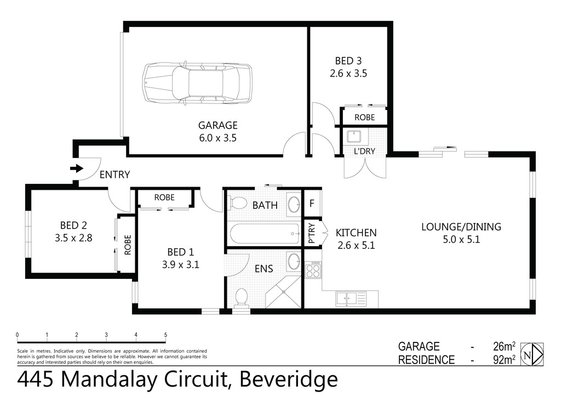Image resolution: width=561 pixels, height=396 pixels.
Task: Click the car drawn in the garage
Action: pos(197,83)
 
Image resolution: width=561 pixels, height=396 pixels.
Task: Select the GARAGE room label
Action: pos(217,125)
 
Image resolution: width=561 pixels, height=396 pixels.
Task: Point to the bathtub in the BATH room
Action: pos(265,234)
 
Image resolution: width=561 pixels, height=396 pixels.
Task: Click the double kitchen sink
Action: pos(347,299)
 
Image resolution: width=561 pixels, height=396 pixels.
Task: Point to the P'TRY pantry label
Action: pos(311,234)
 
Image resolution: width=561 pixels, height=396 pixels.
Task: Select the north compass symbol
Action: pos(531,354)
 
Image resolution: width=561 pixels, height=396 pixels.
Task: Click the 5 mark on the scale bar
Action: pos(165,335)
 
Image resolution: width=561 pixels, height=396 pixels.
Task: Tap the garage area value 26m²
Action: pos(503,346)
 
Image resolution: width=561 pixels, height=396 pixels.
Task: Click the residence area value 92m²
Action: pos(503,360)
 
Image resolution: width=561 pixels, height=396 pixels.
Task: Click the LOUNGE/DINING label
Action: pos(461,226)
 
